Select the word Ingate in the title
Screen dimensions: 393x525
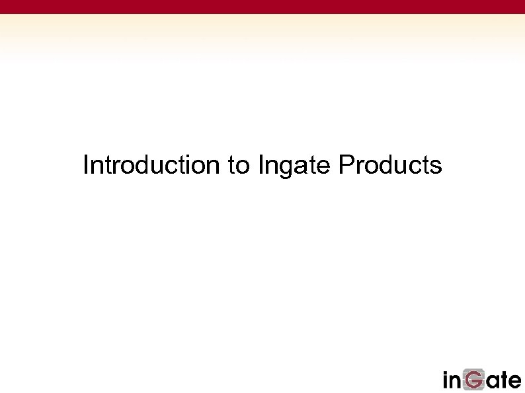tap(294, 166)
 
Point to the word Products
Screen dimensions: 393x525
tap(389, 165)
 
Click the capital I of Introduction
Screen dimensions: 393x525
tap(86, 165)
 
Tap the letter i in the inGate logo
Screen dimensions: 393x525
tap(446, 380)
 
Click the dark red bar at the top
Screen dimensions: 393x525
tap(262, 7)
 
